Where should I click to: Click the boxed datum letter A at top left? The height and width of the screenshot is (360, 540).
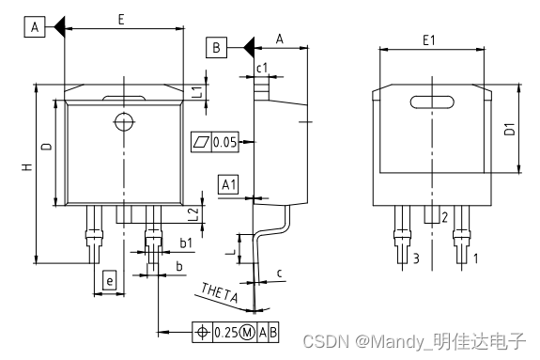35,26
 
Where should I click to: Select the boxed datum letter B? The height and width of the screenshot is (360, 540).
216,47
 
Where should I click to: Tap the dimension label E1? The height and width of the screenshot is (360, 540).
429,40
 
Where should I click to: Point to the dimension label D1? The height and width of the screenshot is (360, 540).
509,129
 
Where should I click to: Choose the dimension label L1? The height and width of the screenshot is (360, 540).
196,92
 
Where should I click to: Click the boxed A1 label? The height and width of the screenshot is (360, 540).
228,184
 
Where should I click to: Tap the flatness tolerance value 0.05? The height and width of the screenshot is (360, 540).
224,142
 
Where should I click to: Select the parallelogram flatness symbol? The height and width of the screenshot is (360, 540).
201,141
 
